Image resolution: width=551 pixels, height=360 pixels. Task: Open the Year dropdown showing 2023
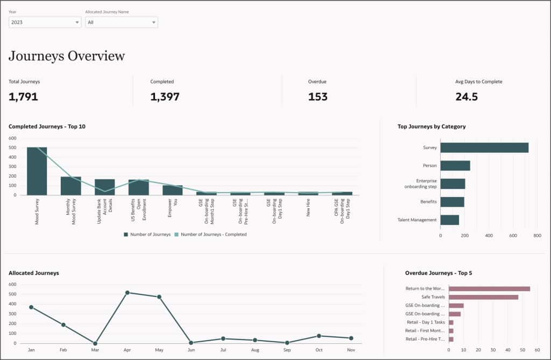[45, 22]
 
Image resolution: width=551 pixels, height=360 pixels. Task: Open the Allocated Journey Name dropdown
[122, 22]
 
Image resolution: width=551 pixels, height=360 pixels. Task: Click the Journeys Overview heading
[67, 56]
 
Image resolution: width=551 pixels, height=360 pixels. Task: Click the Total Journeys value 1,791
[23, 97]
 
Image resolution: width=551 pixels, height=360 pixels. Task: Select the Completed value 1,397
[165, 97]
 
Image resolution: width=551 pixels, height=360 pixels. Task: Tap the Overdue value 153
[317, 97]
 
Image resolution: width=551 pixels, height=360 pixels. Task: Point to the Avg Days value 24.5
[466, 97]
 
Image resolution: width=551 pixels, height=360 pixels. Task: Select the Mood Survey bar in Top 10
[37, 171]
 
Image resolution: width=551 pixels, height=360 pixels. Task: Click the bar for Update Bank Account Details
[104, 187]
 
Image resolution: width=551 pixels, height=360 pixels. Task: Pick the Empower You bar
[172, 190]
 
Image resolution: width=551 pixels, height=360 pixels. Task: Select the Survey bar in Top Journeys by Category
[484, 147]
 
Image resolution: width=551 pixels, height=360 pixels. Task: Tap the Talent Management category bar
[449, 220]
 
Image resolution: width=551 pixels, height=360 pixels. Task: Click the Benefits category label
[428, 202]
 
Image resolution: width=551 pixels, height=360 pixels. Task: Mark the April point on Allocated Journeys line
[127, 292]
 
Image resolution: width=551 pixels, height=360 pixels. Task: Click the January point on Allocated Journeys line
[31, 307]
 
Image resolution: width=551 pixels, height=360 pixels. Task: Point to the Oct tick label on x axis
[319, 349]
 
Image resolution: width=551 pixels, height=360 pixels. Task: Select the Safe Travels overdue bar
[483, 297]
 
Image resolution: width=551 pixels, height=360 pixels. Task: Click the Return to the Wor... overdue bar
[489, 288]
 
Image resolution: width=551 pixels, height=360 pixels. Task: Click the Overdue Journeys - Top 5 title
[438, 273]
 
